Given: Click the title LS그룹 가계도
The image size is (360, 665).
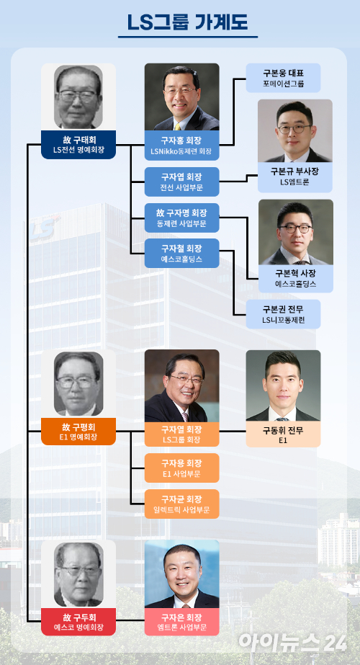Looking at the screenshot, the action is click(x=188, y=22).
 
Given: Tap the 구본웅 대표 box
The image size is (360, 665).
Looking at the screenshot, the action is click(x=283, y=78).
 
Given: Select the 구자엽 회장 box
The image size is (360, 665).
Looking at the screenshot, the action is click(x=182, y=182).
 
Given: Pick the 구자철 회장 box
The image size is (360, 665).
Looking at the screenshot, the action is click(x=182, y=253).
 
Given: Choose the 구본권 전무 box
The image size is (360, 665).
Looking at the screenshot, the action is click(x=283, y=314).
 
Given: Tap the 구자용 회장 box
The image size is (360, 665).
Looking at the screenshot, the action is click(x=182, y=468).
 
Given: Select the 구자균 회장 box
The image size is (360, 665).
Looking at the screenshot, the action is click(x=182, y=504).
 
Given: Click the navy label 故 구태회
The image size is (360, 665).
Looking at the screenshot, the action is click(x=78, y=145).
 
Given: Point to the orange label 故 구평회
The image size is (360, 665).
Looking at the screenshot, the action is click(x=78, y=432).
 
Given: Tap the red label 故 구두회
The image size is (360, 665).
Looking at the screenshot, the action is click(x=78, y=622).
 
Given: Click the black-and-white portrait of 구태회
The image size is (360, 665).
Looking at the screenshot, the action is click(x=78, y=97).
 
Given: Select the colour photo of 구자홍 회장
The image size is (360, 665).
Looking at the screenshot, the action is click(x=182, y=97).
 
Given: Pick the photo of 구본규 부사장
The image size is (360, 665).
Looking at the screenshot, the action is click(x=295, y=130).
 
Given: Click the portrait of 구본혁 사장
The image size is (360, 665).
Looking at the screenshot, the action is click(x=296, y=232).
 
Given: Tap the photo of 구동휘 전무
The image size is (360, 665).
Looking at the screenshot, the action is click(x=283, y=385).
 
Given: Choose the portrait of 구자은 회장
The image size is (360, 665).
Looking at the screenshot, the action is click(x=182, y=573).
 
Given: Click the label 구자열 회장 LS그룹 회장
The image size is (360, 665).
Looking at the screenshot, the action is click(x=182, y=434).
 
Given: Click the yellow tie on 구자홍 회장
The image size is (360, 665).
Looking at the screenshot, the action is click(x=178, y=126).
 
